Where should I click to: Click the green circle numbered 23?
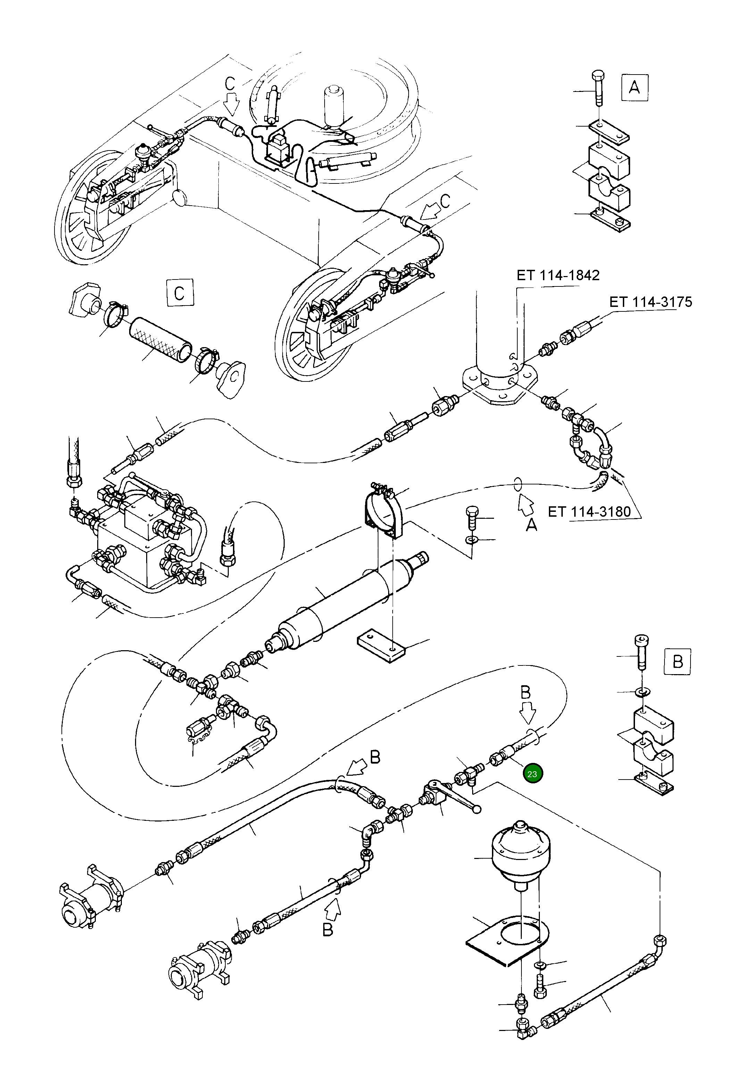pyautogui.click(x=532, y=774)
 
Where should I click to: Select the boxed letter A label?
pyautogui.click(x=634, y=87)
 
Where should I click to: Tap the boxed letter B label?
pyautogui.click(x=677, y=662)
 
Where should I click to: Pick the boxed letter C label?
pyautogui.click(x=179, y=293)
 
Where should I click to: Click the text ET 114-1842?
pyautogui.click(x=558, y=275)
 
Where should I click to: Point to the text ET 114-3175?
pyautogui.click(x=650, y=302)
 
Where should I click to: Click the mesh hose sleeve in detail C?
pyautogui.click(x=160, y=341)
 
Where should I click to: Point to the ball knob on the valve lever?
pyautogui.click(x=477, y=809)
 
